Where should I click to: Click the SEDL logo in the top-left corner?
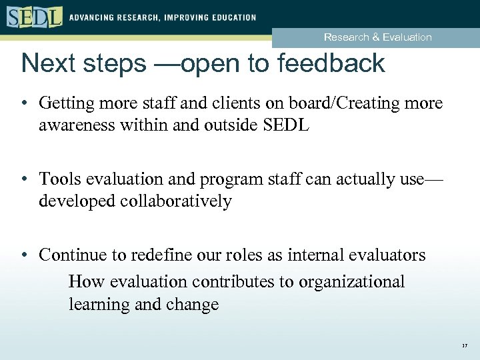pos(35,17)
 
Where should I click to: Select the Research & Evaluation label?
pos(377,37)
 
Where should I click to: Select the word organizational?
pos(351,282)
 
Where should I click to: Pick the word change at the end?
pos(192,305)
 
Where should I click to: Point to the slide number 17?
pos(464,346)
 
